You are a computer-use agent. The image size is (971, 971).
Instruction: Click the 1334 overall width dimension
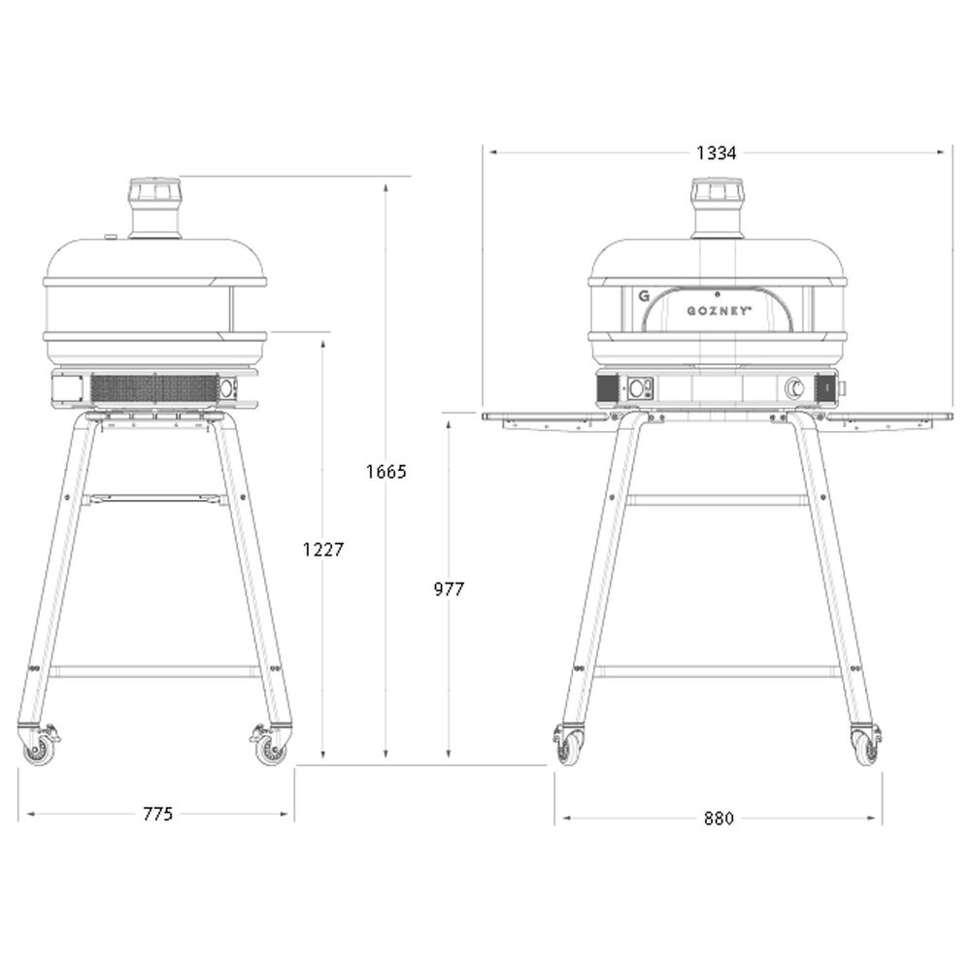point(717,152)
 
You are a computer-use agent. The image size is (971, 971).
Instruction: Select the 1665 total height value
point(385,472)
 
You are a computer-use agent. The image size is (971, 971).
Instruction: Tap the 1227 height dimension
point(323,549)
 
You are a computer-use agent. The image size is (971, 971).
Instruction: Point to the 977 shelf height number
point(449,588)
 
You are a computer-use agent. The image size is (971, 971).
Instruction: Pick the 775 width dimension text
point(156,814)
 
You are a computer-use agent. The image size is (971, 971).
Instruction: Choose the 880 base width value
point(719,818)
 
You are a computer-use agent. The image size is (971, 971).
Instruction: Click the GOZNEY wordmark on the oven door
point(717,311)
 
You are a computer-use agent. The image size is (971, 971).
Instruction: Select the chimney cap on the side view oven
point(155,190)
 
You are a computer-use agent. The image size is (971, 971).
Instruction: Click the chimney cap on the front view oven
point(717,190)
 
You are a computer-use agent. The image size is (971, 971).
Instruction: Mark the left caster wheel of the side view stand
point(39,749)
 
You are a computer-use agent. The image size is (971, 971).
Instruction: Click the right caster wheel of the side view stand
point(271,749)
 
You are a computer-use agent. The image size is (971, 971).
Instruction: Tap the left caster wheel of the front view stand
point(568,748)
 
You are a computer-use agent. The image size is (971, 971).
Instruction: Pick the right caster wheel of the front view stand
point(865,748)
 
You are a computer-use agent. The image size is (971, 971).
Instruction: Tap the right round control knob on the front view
point(794,388)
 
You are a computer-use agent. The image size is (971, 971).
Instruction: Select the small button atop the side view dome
point(111,235)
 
